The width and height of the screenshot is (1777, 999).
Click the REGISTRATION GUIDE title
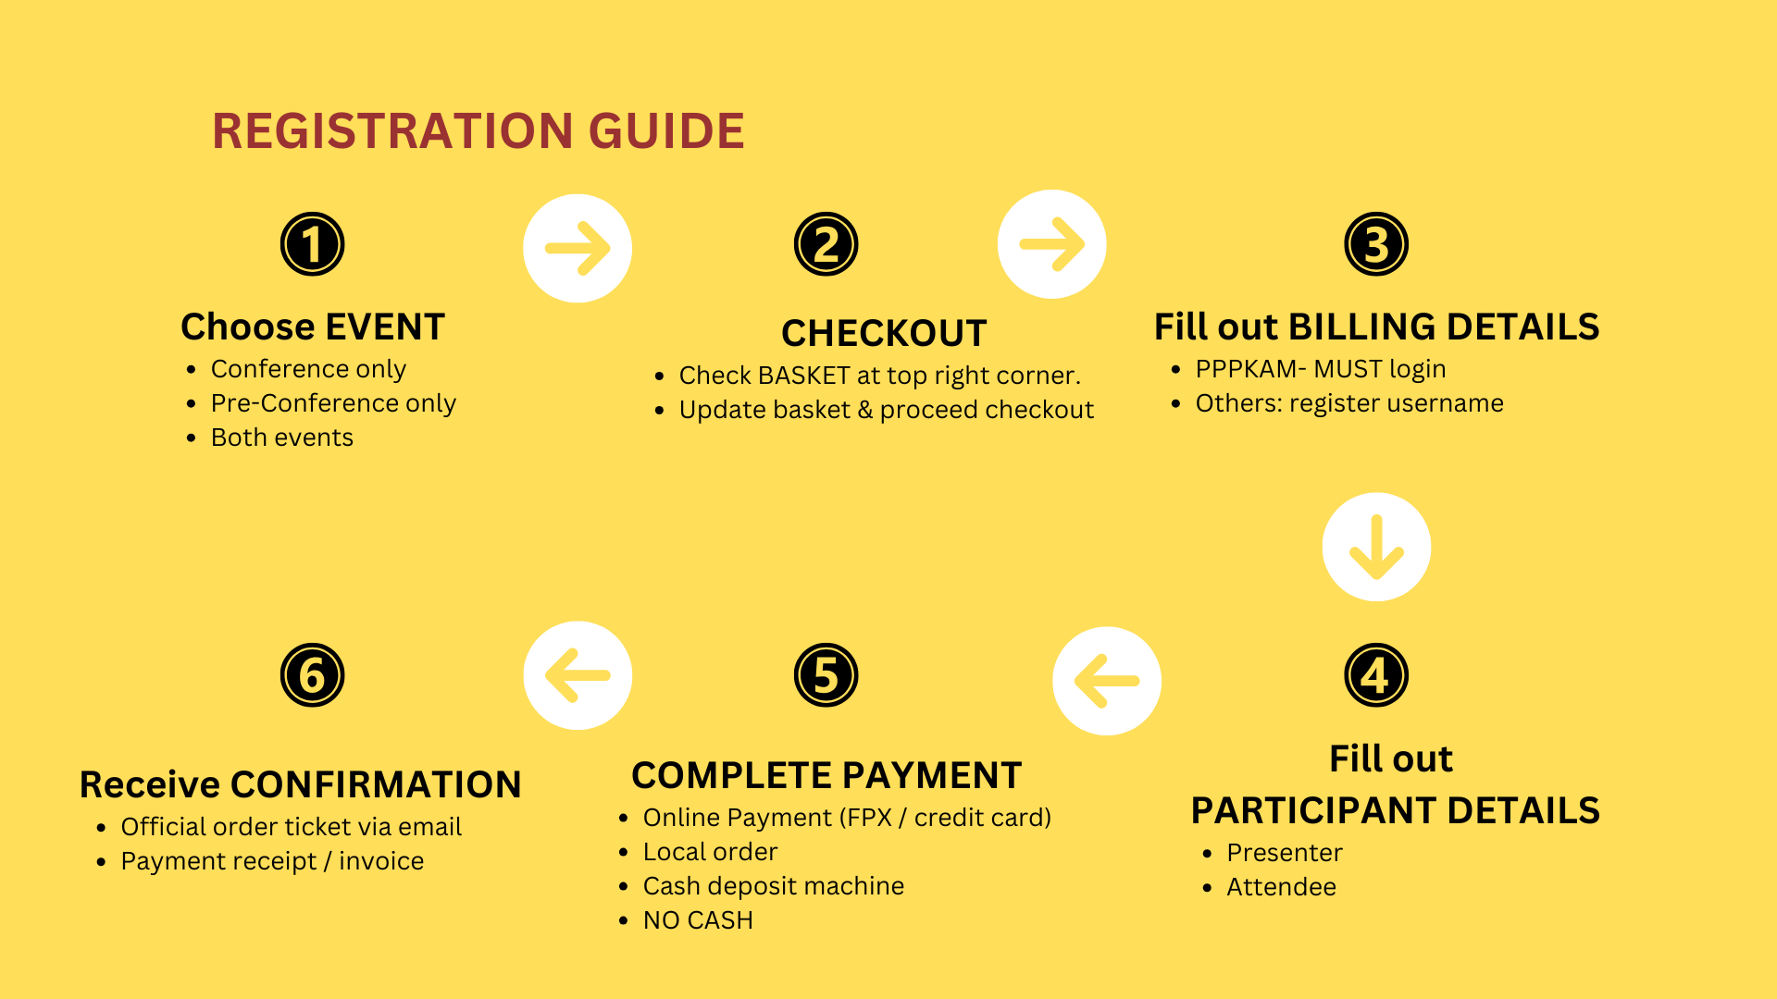(478, 130)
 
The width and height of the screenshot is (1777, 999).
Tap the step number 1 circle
(313, 244)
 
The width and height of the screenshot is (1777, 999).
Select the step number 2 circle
(826, 244)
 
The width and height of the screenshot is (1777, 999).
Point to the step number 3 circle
(1376, 244)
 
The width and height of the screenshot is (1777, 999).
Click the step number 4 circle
(1376, 675)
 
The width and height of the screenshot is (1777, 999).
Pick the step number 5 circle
(826, 675)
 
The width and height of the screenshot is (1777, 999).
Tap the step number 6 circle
(313, 675)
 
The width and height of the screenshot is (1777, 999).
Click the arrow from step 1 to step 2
(578, 248)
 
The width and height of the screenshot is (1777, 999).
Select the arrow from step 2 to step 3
(1051, 244)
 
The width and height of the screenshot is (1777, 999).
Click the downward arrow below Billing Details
(1376, 547)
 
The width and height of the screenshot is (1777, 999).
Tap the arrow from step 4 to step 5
(1107, 681)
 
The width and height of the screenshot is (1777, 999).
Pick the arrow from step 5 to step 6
(578, 675)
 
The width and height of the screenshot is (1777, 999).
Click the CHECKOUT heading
(884, 333)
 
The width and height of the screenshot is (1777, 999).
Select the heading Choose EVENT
(313, 327)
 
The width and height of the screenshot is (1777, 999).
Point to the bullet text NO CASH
(698, 920)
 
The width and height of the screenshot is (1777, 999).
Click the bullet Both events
(282, 438)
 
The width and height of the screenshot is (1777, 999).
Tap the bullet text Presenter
(1285, 853)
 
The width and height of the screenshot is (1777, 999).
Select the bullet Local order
(710, 852)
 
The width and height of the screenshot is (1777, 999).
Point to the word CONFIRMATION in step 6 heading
(376, 784)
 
